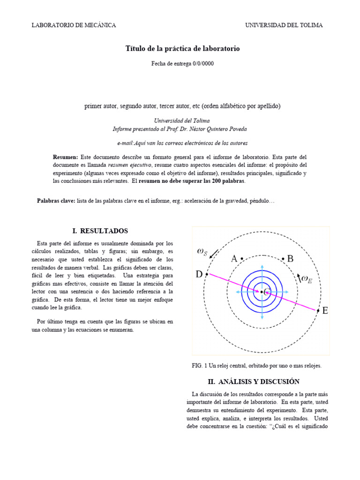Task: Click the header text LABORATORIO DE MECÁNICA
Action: (74, 25)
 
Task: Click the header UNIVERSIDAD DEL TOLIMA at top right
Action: (284, 25)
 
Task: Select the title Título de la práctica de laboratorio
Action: (183, 49)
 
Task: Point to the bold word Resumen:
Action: (66, 157)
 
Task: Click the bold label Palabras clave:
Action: (56, 201)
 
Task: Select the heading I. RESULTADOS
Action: (100, 231)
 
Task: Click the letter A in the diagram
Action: (234, 259)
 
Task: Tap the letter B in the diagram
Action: (290, 259)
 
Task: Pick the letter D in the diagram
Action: (199, 274)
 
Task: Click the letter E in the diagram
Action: (325, 310)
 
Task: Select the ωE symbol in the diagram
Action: (306, 280)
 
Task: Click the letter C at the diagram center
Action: (267, 292)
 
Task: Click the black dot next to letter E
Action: (318, 310)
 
